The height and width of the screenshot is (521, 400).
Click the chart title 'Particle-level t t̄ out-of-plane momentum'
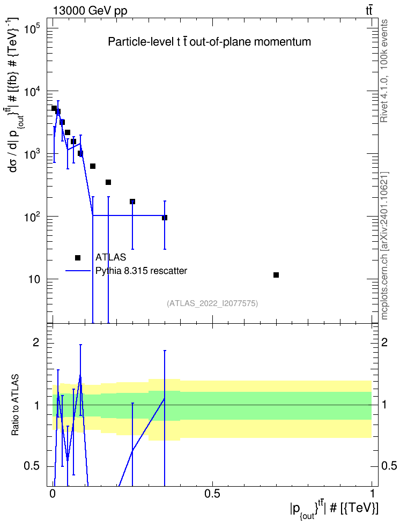pos(210,42)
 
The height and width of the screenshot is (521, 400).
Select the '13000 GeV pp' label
pos(90,11)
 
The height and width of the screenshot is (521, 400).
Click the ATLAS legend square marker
pos(78,258)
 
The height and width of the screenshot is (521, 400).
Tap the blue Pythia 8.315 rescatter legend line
pos(78,271)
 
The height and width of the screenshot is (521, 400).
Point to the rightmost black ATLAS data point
pos(276,275)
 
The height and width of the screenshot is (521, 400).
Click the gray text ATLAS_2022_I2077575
pos(212,303)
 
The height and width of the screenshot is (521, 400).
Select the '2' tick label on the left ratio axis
pos(36,343)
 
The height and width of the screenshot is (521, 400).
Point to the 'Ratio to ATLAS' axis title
pos(15,405)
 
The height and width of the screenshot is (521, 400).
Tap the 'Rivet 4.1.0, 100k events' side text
pos(384,71)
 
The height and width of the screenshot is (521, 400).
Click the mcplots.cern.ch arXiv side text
pos(384,245)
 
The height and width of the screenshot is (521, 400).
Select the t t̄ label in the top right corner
pos(369,11)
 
